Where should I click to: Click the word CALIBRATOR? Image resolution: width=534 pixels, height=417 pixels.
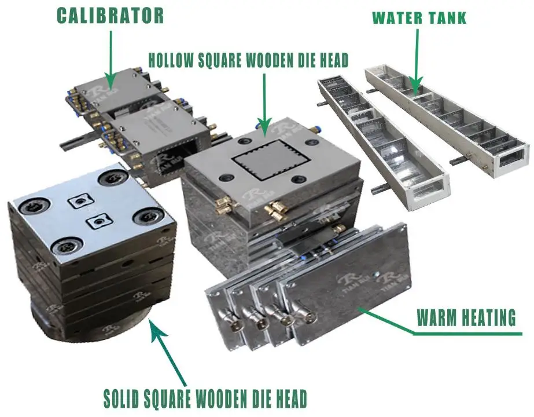tap(110, 16)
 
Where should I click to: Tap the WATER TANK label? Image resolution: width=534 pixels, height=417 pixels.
tap(419, 18)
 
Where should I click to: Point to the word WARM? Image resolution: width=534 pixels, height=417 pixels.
tap(437, 318)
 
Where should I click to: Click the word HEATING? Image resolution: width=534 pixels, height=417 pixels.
tap(489, 318)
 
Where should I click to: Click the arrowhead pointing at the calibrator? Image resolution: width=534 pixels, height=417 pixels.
tap(110, 82)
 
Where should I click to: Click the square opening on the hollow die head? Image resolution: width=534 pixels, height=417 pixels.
tap(271, 160)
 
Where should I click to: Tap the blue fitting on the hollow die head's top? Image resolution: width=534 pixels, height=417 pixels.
tap(312, 129)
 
